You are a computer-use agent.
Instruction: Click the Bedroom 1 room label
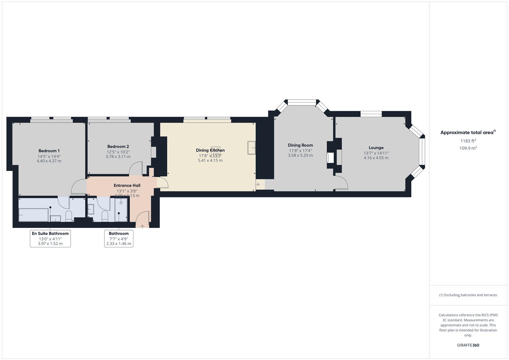pos(49,151)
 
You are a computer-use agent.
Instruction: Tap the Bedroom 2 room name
pos(118,147)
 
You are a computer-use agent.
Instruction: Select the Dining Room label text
pos(300,145)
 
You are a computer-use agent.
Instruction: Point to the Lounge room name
pos(376,148)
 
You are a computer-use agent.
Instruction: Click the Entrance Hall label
pos(127,186)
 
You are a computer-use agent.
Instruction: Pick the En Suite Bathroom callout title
pos(50,234)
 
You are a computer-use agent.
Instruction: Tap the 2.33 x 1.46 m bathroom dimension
pos(119,244)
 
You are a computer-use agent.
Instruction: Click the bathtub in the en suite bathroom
pos(33,215)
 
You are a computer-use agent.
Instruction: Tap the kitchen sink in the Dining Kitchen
pos(251,148)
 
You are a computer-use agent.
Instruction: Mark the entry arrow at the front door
pos(142,227)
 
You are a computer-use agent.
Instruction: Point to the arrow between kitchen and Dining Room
pos(258,184)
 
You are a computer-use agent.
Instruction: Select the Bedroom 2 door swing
pos(136,168)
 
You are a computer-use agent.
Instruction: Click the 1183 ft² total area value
pos(468,141)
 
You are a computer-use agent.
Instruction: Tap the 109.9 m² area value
pos(468,148)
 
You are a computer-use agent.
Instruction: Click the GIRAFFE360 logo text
pos(468,345)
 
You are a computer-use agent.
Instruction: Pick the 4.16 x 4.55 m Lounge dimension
pos(376,158)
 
